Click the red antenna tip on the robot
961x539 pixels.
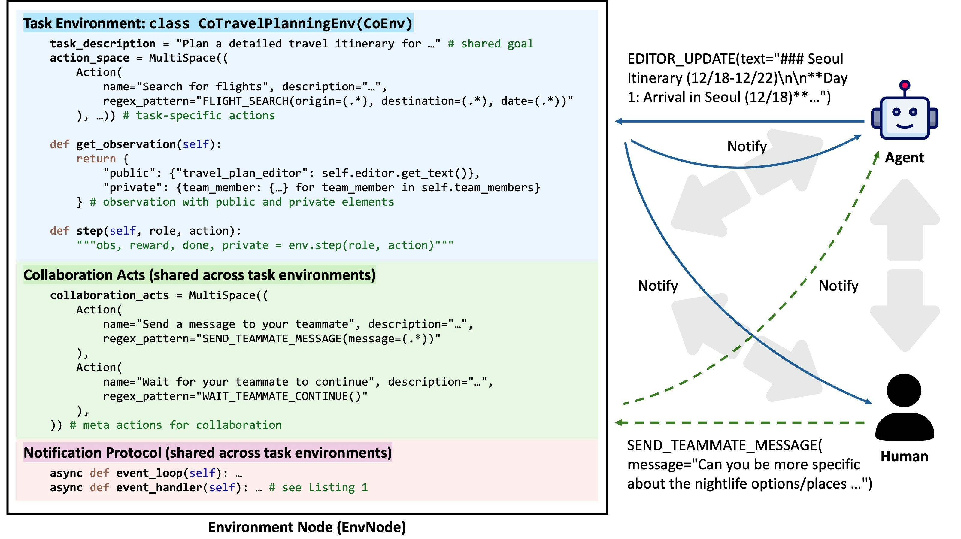point(904,85)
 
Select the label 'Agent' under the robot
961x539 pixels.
point(904,158)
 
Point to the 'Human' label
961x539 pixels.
point(904,456)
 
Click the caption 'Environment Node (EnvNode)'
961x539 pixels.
point(307,527)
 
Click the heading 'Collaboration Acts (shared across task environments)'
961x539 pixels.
point(199,275)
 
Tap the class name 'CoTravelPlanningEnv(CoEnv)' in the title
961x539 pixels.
point(305,23)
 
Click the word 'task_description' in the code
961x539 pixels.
point(103,44)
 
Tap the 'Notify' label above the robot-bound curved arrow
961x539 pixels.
point(747,146)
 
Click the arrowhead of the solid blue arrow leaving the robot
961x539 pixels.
point(619,121)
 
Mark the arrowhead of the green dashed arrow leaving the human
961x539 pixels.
point(619,422)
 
